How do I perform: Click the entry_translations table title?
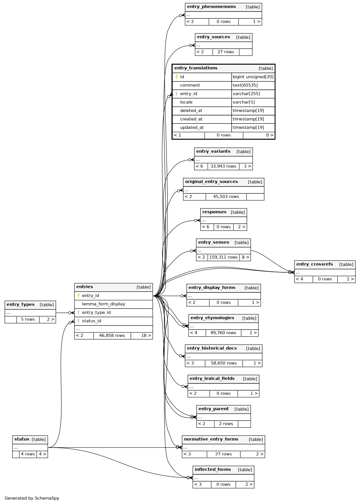(x=196, y=68)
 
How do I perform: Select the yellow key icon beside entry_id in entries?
(x=78, y=296)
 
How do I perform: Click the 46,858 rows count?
(x=112, y=336)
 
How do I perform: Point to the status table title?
(x=22, y=439)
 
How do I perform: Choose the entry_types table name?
(x=20, y=305)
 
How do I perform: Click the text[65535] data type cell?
(x=245, y=85)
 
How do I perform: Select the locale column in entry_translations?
(x=186, y=102)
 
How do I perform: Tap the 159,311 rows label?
(x=223, y=257)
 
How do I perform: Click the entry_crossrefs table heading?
(x=315, y=264)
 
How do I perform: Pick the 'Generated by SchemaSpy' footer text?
(x=32, y=498)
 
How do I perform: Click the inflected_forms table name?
(x=213, y=469)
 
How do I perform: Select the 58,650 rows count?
(x=224, y=363)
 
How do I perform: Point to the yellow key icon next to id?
(x=176, y=77)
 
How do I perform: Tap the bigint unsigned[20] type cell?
(x=253, y=77)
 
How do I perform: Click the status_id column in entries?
(x=92, y=321)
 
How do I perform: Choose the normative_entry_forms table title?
(x=211, y=439)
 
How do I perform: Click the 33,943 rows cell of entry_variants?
(x=223, y=166)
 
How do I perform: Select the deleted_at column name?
(x=191, y=111)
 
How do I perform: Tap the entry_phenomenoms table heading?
(x=211, y=7)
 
